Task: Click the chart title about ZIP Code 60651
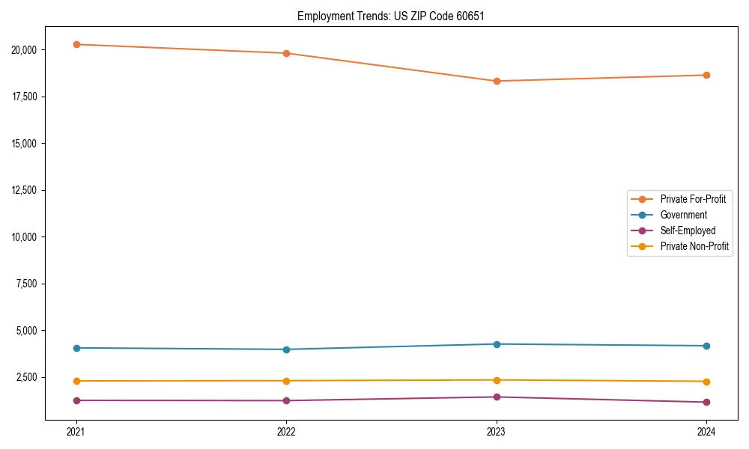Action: coord(390,16)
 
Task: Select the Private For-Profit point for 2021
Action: coord(76,44)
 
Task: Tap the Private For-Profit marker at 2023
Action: coord(497,81)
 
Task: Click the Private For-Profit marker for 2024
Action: coord(706,75)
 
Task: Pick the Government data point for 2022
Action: coord(286,349)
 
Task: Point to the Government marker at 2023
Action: coord(497,344)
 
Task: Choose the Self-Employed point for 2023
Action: coord(497,397)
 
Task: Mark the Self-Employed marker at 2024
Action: coord(706,403)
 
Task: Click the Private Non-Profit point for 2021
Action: coord(76,381)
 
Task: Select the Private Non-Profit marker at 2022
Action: coord(286,381)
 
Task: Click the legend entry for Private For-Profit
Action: coord(692,199)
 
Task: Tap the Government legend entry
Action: coord(683,215)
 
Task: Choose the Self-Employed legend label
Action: coord(688,230)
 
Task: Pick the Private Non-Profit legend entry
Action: coord(694,246)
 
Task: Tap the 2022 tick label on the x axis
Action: coord(286,431)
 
